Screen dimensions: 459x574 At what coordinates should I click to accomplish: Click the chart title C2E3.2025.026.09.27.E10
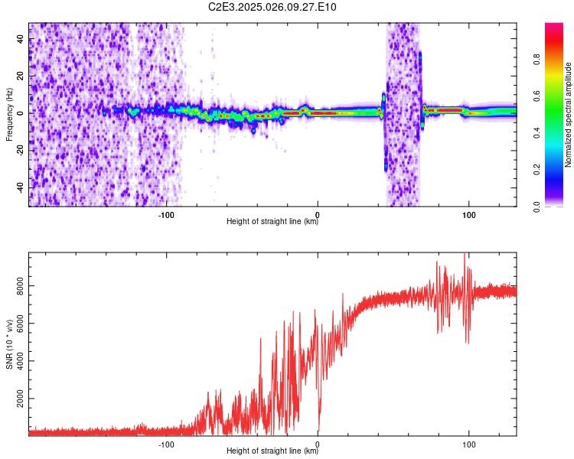point(273,8)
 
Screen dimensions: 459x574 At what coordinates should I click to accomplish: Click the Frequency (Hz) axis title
point(9,115)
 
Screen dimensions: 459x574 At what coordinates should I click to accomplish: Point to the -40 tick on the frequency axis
point(21,187)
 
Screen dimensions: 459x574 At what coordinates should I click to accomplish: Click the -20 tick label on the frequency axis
point(21,150)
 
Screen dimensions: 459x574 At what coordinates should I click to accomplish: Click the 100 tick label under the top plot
point(468,213)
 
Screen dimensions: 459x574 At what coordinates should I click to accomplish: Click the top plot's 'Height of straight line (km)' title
point(272,222)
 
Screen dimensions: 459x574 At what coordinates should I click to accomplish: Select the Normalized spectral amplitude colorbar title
point(569,115)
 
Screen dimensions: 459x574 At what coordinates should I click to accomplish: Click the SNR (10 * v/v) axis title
point(9,345)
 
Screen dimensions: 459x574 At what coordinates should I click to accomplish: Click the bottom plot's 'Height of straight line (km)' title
point(272,451)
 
